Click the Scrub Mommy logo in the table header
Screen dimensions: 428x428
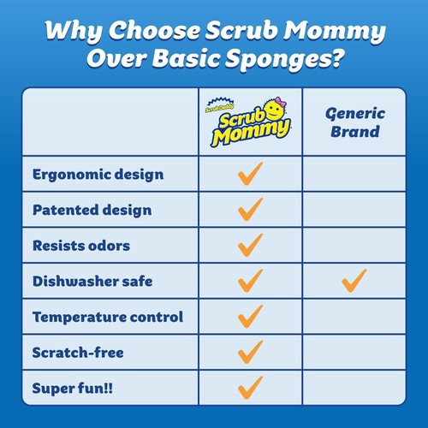pyautogui.click(x=250, y=122)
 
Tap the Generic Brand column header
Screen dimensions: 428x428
pyautogui.click(x=354, y=122)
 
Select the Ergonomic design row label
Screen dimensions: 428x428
pyautogui.click(x=98, y=175)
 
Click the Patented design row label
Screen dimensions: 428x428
pyautogui.click(x=92, y=210)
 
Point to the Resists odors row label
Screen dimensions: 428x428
pyautogui.click(x=81, y=246)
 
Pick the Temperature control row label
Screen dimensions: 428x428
pyautogui.click(x=108, y=317)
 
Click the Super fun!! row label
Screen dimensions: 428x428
pyautogui.click(x=73, y=388)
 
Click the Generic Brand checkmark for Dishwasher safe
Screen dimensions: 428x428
pyautogui.click(x=354, y=280)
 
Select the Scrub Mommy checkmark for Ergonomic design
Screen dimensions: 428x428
pyautogui.click(x=250, y=175)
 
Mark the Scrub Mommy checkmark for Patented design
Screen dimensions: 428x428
pyautogui.click(x=250, y=210)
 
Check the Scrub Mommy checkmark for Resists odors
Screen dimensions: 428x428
pyautogui.click(x=250, y=245)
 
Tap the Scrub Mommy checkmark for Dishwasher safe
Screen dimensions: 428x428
pyautogui.click(x=250, y=280)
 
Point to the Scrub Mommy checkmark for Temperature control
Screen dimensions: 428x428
pyautogui.click(x=250, y=316)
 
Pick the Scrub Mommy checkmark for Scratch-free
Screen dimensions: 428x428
pyautogui.click(x=250, y=351)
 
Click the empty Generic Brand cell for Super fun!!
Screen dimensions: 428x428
pyautogui.click(x=354, y=387)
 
